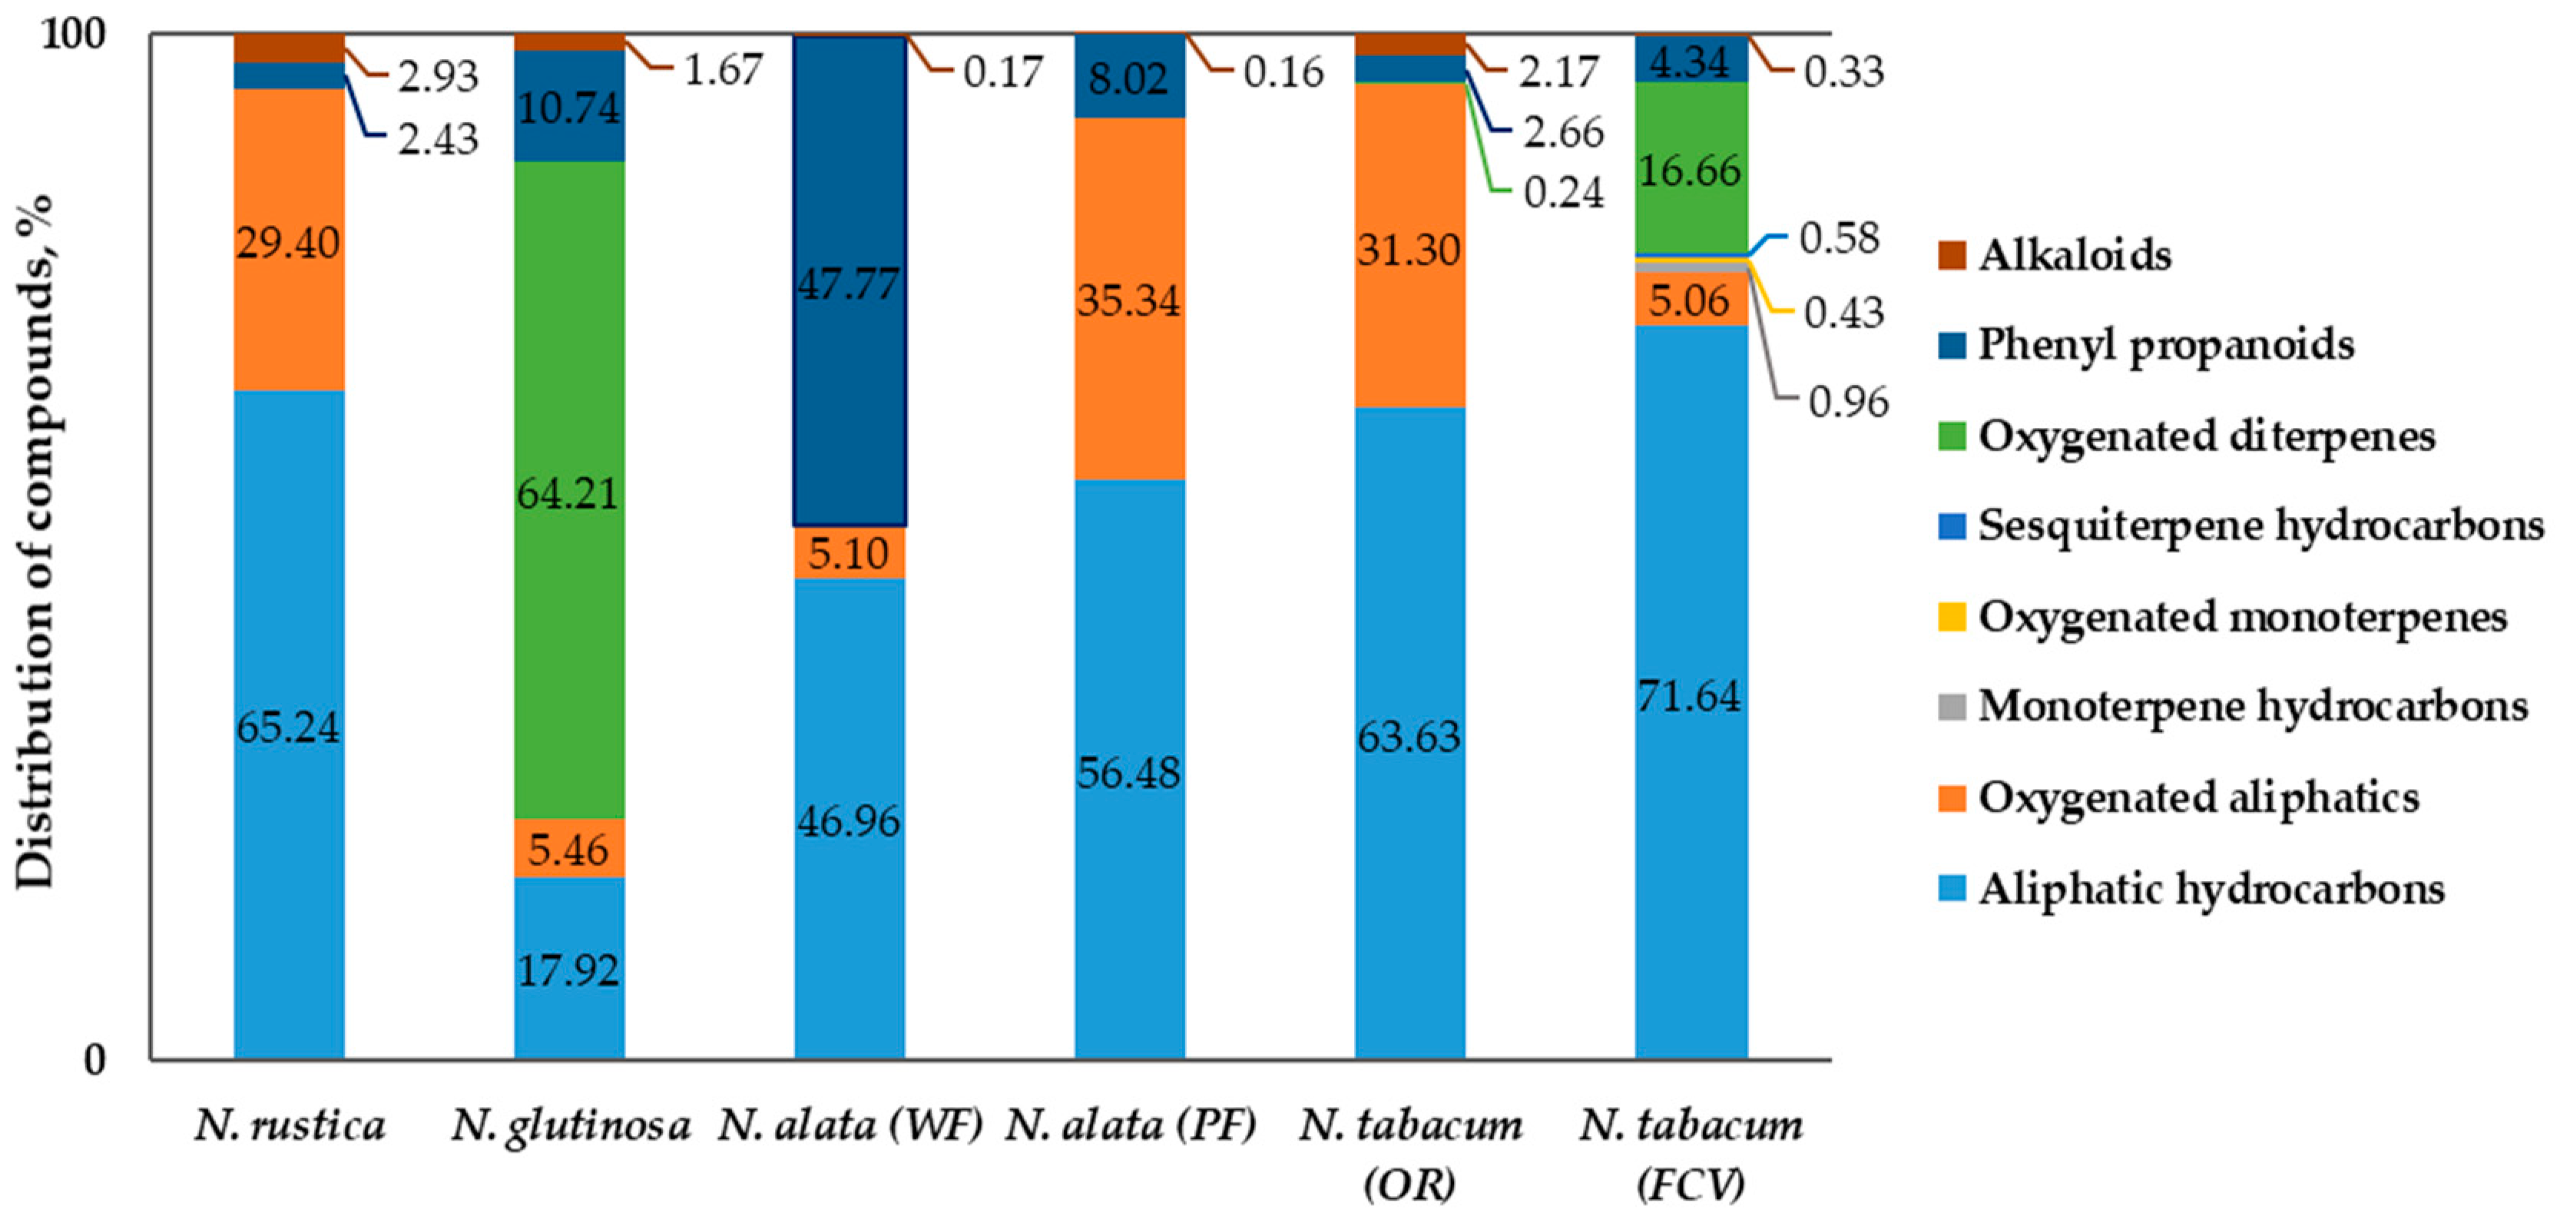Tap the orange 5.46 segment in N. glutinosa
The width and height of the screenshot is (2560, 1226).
(568, 850)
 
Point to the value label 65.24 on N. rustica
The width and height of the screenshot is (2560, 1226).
(288, 728)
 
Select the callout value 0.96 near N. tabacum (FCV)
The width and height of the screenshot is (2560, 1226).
(1847, 403)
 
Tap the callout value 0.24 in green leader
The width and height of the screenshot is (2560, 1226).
(1563, 193)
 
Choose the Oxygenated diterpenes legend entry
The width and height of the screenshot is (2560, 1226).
(2206, 436)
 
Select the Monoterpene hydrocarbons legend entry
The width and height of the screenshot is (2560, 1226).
(2252, 707)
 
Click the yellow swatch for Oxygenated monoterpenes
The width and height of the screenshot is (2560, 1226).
(1952, 617)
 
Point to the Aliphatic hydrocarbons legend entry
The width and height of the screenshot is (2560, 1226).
(2211, 888)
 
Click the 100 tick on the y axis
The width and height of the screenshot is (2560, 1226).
(71, 35)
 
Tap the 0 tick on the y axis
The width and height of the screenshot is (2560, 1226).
(94, 1060)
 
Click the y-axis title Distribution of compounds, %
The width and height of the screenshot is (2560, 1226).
(36, 542)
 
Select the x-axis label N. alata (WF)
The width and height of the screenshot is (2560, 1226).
(849, 1125)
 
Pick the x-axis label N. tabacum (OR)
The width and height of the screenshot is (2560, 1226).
(1410, 1152)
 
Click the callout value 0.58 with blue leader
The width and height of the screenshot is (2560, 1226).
(1840, 238)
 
